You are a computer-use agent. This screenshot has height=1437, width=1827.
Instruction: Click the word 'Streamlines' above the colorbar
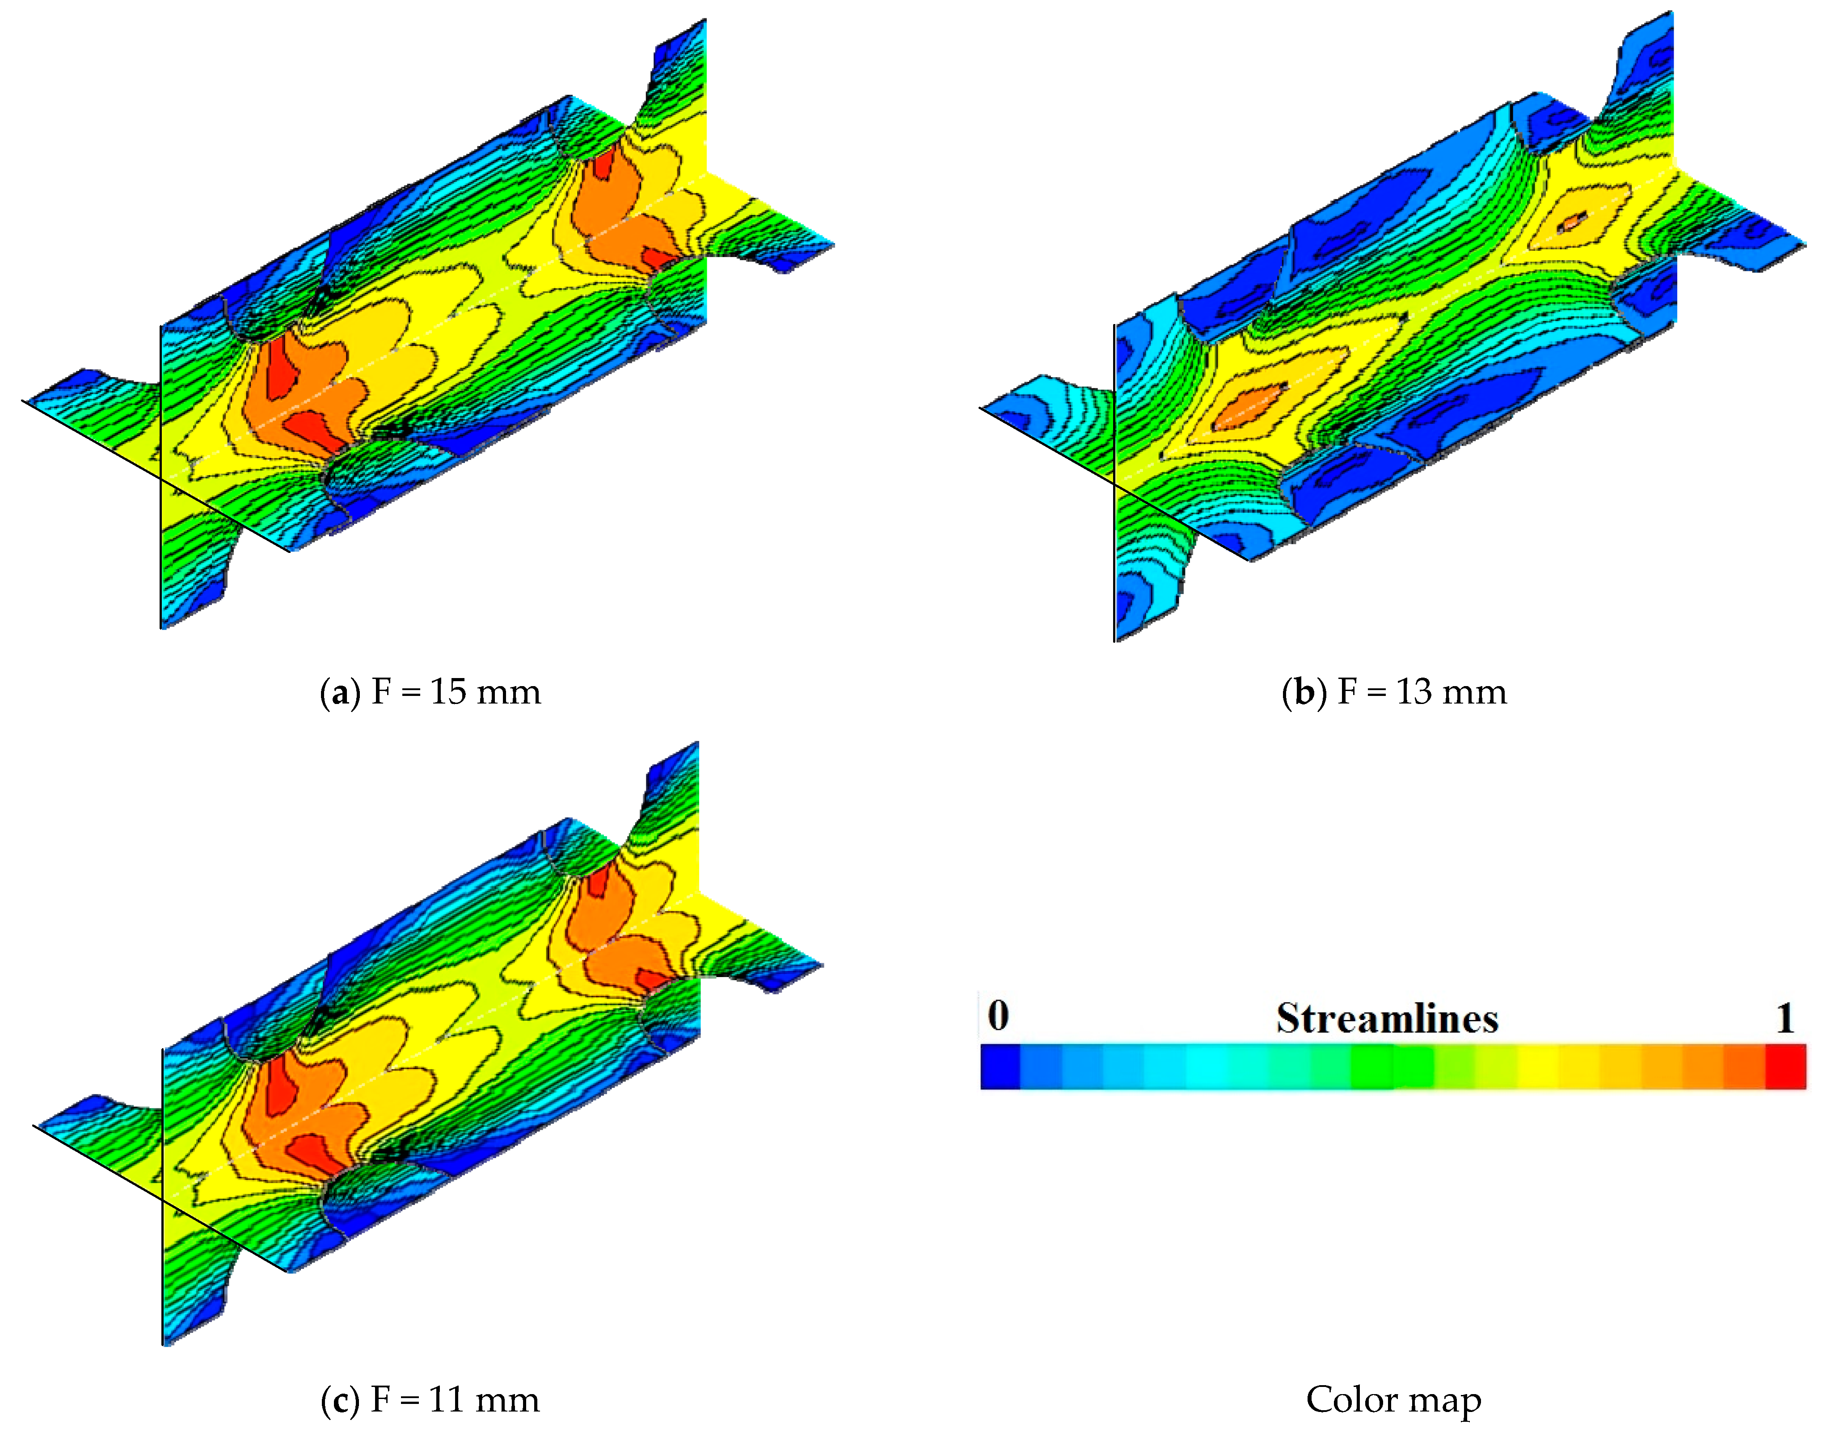pyautogui.click(x=1387, y=1018)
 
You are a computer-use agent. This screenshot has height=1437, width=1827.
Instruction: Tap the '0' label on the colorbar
pyautogui.click(x=998, y=1016)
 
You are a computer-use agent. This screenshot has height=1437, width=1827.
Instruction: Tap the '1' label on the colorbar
pyautogui.click(x=1785, y=1018)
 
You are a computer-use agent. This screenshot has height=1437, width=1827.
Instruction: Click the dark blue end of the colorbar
pyautogui.click(x=1000, y=1067)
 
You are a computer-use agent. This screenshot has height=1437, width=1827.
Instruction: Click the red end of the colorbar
pyautogui.click(x=1786, y=1067)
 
